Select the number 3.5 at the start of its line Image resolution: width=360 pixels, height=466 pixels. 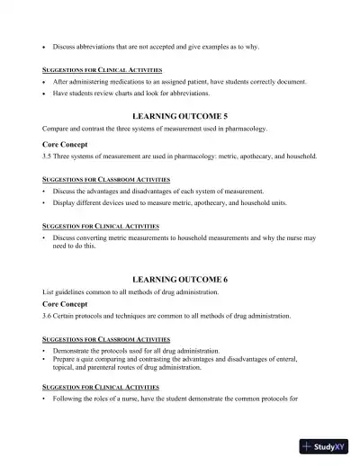pyautogui.click(x=48, y=156)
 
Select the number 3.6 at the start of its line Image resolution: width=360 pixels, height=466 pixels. pyautogui.click(x=48, y=316)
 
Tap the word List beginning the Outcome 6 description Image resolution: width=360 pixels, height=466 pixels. pyautogui.click(x=49, y=292)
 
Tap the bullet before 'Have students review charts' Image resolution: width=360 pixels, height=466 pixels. pyautogui.click(x=44, y=93)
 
